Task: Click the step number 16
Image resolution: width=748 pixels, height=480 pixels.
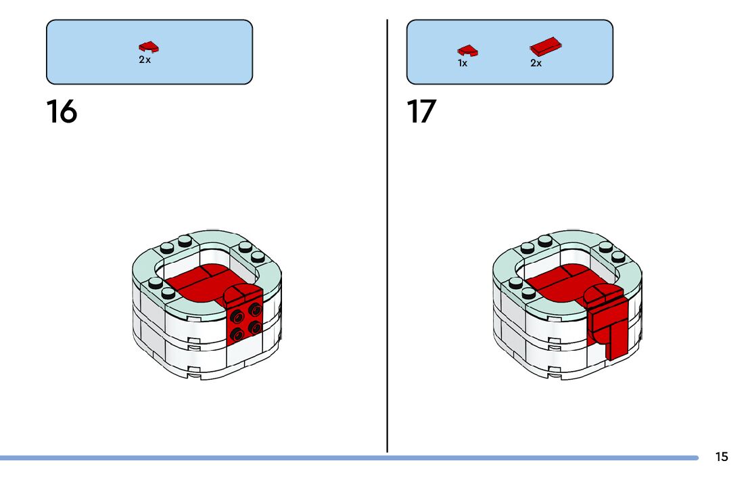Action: pos(62,112)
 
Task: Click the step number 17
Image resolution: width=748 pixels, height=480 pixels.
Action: pos(421,112)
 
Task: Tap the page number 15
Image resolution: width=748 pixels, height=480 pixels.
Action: pos(722,457)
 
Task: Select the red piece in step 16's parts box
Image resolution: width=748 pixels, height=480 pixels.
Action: pos(149,47)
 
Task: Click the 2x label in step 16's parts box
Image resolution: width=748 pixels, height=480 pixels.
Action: pos(145,60)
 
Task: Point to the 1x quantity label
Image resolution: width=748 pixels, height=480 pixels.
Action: pos(463,63)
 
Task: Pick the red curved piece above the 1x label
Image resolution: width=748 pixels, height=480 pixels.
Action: pos(467,50)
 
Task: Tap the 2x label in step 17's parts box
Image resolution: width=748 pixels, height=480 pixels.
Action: pos(536,63)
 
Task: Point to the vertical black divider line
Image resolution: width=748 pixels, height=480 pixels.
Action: pos(388,237)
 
